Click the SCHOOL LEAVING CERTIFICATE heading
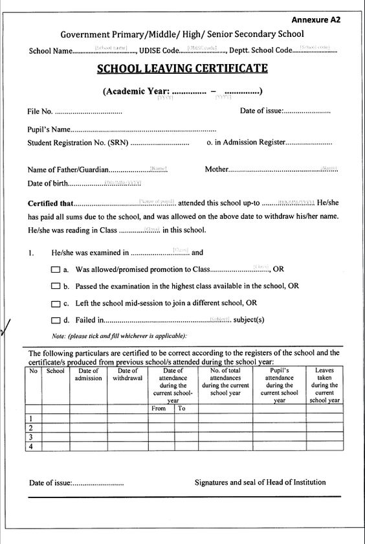click(x=182, y=68)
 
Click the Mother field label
click(x=217, y=170)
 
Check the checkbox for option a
click(x=56, y=268)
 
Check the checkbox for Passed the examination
click(x=56, y=286)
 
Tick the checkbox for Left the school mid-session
click(x=56, y=302)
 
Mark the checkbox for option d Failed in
click(x=56, y=320)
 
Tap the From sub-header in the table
click(x=159, y=409)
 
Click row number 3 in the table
click(x=31, y=438)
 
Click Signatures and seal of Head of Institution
click(x=260, y=482)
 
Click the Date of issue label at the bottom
click(x=50, y=483)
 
